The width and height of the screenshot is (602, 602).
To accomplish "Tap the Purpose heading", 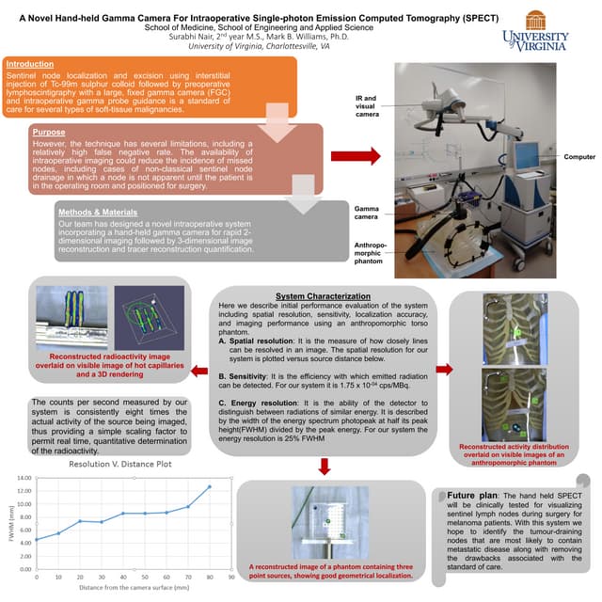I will click(x=48, y=133).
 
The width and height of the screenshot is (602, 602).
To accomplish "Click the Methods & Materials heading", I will click(x=89, y=212).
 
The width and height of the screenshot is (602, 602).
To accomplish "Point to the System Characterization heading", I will click(x=323, y=296).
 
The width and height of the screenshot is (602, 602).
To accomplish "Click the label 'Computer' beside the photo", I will click(x=578, y=155).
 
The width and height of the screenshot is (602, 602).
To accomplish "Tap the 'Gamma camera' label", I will click(x=367, y=212).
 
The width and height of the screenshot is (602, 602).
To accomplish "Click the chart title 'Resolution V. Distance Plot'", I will click(x=121, y=465).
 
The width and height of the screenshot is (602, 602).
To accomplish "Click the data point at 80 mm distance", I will click(x=209, y=487).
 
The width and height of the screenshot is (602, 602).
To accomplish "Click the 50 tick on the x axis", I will click(x=146, y=575).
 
